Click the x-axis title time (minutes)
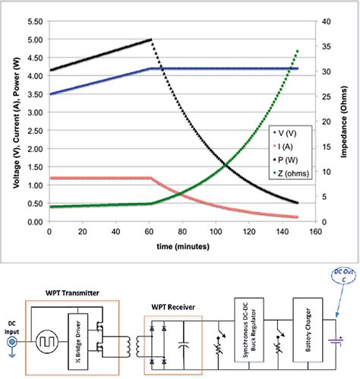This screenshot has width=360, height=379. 178,245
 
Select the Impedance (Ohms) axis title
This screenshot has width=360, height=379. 345,122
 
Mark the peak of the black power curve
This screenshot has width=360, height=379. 150,39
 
